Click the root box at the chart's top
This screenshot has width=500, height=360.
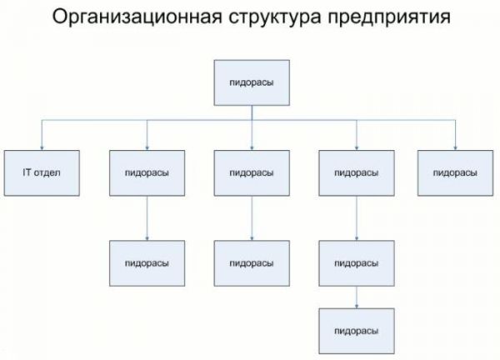click(252, 82)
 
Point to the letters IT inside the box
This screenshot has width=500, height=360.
click(27, 172)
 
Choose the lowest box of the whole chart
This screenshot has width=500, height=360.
click(357, 331)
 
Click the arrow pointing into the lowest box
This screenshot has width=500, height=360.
click(357, 302)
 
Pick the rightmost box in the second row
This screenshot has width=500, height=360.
click(456, 172)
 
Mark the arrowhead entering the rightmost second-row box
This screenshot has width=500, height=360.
click(456, 147)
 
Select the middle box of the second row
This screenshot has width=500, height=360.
click(252, 172)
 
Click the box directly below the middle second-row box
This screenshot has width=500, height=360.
click(252, 262)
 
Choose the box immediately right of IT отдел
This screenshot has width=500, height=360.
click(147, 172)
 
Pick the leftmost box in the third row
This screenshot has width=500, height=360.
click(147, 262)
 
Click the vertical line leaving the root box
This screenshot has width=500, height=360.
click(252, 113)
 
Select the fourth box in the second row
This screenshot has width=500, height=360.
click(357, 172)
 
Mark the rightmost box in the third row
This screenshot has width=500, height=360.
click(357, 262)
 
